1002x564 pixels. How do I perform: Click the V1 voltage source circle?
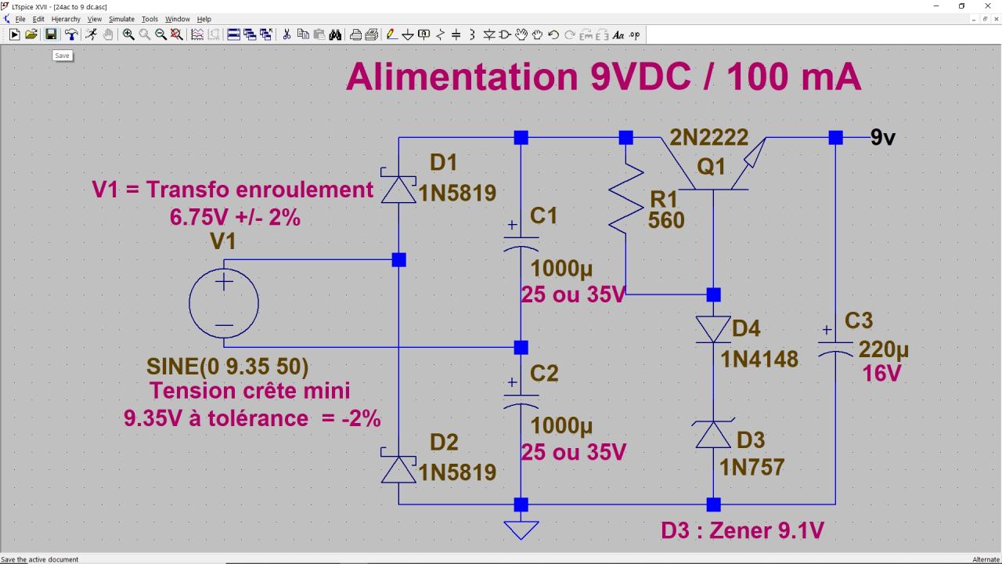point(224,303)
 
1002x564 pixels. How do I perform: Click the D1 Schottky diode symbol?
point(398,189)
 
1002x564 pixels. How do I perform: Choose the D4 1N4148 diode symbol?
point(713,329)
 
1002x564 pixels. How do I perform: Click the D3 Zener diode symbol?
point(713,435)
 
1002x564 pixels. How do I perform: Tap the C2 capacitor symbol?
point(521,400)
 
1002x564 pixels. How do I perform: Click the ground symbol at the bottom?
point(521,530)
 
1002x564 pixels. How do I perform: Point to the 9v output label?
point(882,138)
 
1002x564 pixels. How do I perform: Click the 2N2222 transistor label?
point(708,138)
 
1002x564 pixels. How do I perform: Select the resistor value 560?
point(666,221)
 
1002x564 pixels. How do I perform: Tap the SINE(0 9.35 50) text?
point(227,367)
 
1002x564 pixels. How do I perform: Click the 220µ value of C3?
point(883,349)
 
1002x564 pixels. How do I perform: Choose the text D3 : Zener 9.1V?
point(742,530)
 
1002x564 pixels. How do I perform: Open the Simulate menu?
point(121,19)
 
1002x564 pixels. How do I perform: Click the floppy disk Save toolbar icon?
point(51,34)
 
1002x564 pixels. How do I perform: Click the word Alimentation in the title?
point(462,78)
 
